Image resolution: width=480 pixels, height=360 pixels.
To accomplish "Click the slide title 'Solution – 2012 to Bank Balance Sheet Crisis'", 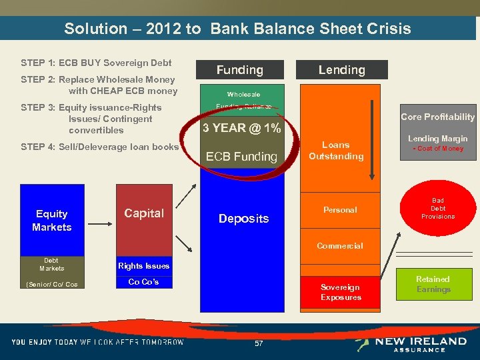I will click(x=237, y=29).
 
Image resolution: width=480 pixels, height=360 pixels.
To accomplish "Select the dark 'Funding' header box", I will click(x=239, y=70).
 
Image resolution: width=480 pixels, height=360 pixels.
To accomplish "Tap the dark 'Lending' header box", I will click(x=341, y=70).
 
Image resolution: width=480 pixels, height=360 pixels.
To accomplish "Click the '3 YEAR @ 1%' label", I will click(x=242, y=128).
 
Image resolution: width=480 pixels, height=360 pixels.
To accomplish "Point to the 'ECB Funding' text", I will click(x=241, y=157).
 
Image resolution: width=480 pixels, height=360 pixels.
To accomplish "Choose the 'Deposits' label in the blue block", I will click(x=243, y=219).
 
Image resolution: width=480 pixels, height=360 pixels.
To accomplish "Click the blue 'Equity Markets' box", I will click(x=52, y=220).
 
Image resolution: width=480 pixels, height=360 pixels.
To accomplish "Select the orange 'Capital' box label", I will click(x=144, y=213).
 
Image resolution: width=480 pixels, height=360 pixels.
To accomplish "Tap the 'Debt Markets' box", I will click(x=52, y=264).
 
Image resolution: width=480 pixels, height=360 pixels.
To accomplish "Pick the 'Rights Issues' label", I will click(x=144, y=266).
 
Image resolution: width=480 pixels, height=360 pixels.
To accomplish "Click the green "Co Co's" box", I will click(x=144, y=282).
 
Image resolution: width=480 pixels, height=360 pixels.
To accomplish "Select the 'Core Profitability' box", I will click(x=437, y=117).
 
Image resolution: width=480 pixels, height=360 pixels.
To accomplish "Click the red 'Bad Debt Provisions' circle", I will click(x=437, y=209).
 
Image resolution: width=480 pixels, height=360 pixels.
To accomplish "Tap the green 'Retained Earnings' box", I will click(x=433, y=285).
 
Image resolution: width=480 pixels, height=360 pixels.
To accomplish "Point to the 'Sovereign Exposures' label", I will click(x=341, y=292).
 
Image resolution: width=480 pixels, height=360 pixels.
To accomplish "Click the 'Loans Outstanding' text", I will click(x=336, y=151).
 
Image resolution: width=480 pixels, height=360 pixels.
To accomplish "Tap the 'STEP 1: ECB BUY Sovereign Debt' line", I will click(x=97, y=63).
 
